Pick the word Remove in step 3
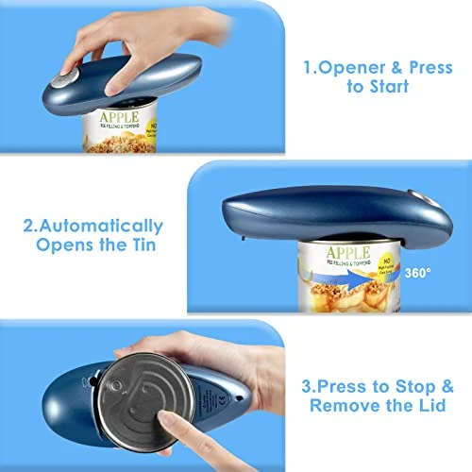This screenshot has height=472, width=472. coord(362,408)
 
